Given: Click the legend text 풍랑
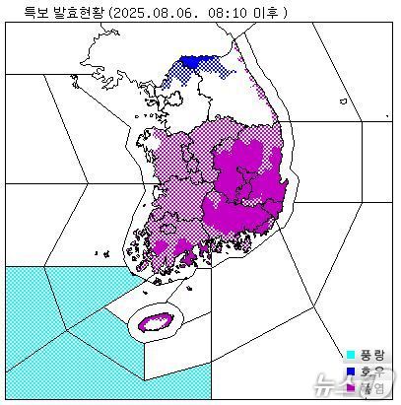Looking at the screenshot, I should (x=371, y=354).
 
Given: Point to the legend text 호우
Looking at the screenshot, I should (x=371, y=371).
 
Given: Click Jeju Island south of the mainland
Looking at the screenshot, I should (x=156, y=321).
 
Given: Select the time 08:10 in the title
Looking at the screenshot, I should (x=226, y=12).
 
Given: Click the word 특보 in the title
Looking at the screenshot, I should (x=23, y=12).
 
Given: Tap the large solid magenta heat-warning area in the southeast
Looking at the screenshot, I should (x=246, y=182).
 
